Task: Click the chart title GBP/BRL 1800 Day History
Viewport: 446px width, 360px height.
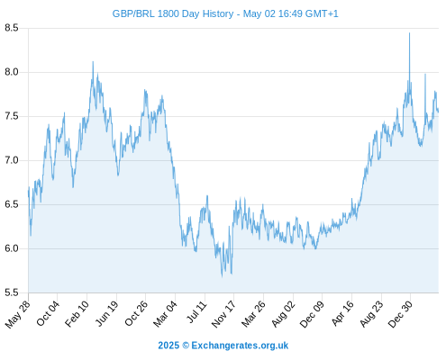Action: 173,13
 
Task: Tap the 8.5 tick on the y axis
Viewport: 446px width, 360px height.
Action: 12,28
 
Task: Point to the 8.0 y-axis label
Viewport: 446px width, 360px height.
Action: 12,72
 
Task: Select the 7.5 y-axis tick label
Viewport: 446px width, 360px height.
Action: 12,116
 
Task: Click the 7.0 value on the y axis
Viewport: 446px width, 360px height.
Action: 12,160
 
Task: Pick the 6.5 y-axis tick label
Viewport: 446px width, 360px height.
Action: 12,204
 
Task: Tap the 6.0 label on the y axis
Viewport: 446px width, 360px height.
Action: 12,248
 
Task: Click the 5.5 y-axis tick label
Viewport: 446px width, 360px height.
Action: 12,292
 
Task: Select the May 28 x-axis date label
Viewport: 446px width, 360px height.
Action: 18,314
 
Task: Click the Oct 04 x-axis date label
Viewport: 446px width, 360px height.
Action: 48,313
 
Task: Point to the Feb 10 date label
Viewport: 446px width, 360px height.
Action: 77,313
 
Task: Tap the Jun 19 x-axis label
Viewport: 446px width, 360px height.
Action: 107,313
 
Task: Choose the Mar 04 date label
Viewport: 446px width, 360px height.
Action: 166,313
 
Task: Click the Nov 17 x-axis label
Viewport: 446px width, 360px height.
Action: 223,314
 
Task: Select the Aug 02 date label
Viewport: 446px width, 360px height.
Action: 283,313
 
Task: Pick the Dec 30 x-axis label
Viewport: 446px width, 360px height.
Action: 400,314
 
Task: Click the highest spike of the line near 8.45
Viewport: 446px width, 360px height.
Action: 409,33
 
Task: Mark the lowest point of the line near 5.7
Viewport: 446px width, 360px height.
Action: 222,276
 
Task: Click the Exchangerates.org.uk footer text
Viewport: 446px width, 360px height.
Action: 240,346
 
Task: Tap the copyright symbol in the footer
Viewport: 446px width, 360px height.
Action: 186,346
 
